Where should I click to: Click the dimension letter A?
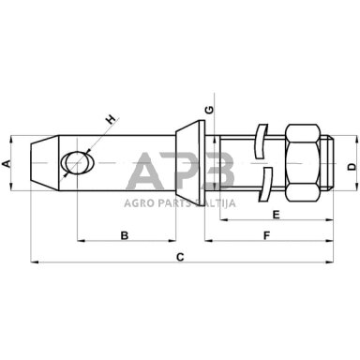pyautogui.click(x=7, y=163)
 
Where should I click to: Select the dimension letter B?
pyautogui.click(x=125, y=235)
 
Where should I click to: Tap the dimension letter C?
pyautogui.click(x=180, y=257)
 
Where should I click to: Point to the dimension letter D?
pyautogui.click(x=352, y=167)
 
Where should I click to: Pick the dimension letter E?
pyautogui.click(x=276, y=215)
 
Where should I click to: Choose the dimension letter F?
pyautogui.click(x=266, y=235)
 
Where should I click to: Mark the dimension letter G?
pyautogui.click(x=209, y=110)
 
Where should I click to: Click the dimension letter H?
pyautogui.click(x=111, y=119)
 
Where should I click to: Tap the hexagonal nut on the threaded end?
pyautogui.click(x=303, y=163)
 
